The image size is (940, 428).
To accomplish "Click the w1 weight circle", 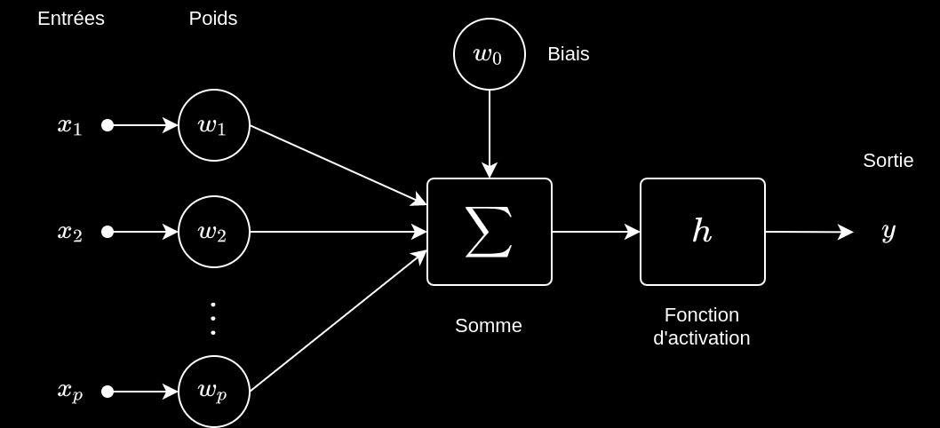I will (214, 125).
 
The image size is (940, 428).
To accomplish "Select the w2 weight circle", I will (214, 232).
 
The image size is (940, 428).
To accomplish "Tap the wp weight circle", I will (214, 392).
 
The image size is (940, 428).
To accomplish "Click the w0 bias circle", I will (490, 54).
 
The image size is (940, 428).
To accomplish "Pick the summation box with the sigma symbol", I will (490, 232).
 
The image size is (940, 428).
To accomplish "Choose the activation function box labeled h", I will (703, 232).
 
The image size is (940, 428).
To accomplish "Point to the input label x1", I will (70, 125).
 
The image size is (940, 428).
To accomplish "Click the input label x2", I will (70, 232).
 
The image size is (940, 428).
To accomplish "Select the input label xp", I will (70, 390).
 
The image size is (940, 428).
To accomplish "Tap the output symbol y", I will (888, 231).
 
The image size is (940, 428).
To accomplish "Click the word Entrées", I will (71, 19).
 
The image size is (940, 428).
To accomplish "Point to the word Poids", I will (213, 19).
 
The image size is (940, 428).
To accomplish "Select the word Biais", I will (569, 54).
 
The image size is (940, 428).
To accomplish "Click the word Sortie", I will (888, 161).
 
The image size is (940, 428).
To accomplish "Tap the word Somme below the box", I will (489, 326).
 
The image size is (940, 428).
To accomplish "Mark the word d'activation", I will (702, 338).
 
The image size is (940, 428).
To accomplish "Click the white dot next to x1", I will (108, 125).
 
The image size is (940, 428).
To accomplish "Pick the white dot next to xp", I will (108, 392).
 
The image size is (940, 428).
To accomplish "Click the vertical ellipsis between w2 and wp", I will (213, 318).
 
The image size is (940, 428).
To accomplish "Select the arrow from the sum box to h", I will (595, 232).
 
